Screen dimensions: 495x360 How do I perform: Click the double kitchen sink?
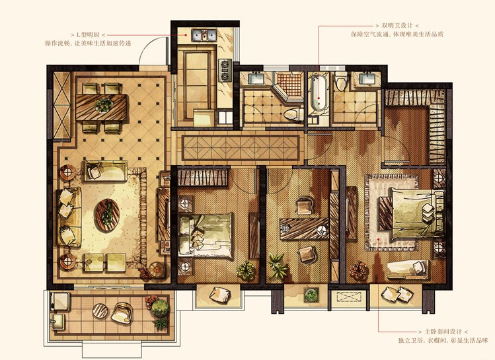click(204, 35)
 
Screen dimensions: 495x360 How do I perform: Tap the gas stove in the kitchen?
click(225, 70)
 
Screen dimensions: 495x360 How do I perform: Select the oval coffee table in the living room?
click(107, 216)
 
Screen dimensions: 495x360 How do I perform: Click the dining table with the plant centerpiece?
click(101, 107)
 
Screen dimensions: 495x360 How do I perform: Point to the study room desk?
click(305, 229)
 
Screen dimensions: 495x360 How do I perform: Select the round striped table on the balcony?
click(100, 310)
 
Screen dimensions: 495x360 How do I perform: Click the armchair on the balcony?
click(122, 312)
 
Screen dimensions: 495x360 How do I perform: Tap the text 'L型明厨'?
click(89, 35)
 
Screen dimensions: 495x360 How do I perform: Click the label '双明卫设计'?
click(397, 26)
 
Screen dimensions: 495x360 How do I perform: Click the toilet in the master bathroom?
click(341, 81)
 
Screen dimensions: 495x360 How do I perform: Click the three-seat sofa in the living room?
click(68, 217)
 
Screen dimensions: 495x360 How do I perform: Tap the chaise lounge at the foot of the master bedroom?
click(408, 270)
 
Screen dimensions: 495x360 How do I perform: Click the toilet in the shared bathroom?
click(293, 114)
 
